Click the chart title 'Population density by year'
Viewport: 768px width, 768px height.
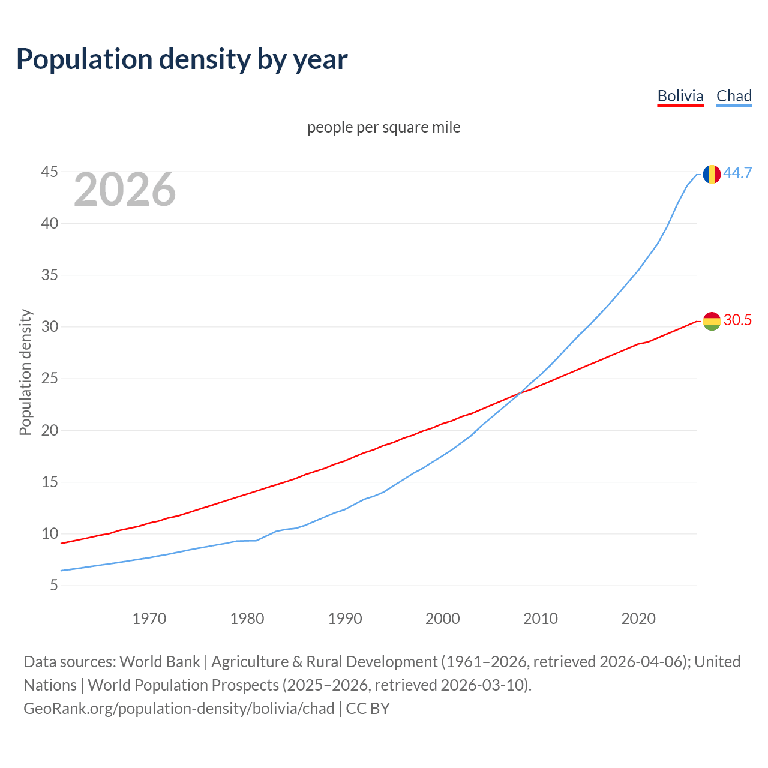(182, 59)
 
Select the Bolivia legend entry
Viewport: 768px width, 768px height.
(680, 96)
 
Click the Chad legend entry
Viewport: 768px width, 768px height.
(734, 96)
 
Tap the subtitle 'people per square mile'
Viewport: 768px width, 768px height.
(383, 127)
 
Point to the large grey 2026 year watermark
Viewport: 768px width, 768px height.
(125, 190)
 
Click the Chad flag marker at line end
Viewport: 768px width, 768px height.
(712, 174)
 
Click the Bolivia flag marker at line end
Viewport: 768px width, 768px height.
(712, 321)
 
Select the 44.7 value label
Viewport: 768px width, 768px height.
(737, 173)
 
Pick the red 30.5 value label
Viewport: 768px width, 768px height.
(737, 320)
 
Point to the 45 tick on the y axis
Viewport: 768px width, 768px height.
(49, 172)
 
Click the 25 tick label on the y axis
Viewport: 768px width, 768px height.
(49, 379)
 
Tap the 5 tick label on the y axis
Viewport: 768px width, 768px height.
(53, 586)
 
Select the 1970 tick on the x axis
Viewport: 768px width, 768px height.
(149, 619)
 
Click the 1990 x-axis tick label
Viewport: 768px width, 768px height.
(345, 619)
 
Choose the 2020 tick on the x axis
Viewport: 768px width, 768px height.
(638, 619)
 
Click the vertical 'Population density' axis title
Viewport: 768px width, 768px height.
(25, 372)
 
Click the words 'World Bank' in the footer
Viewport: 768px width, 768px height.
(160, 662)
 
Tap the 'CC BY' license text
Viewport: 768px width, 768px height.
(368, 709)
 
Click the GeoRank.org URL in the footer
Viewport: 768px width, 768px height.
(179, 709)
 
